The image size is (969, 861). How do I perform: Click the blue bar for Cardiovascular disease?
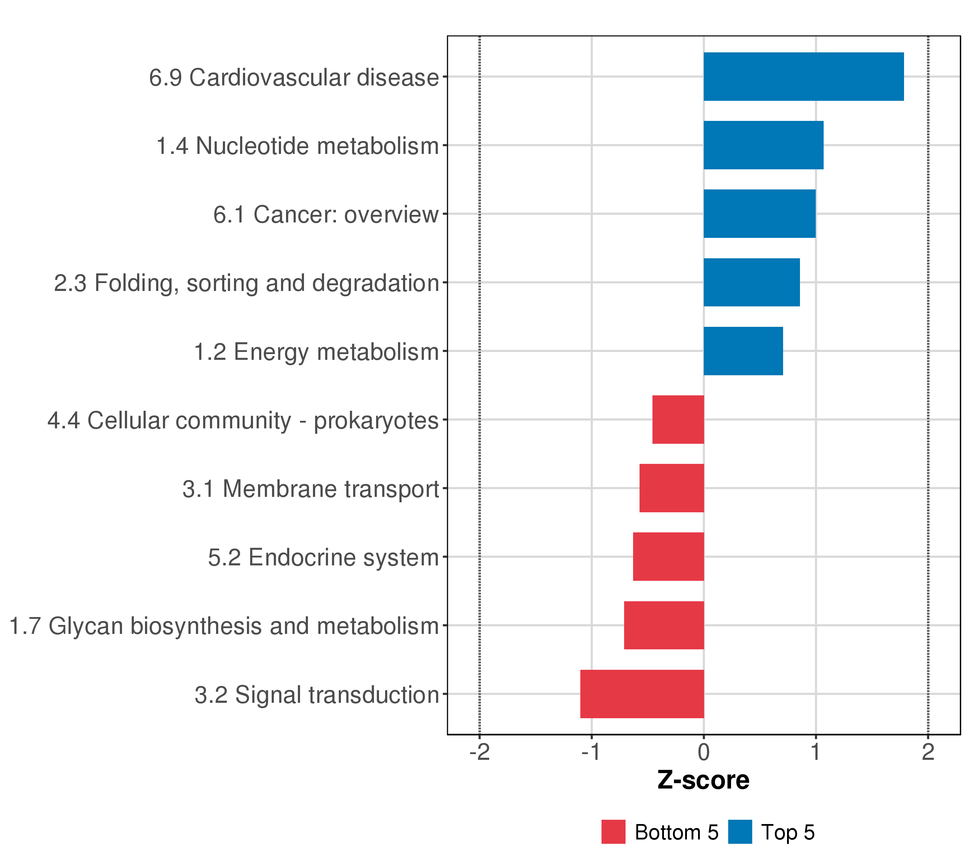[803, 77]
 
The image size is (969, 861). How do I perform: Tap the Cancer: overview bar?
[759, 214]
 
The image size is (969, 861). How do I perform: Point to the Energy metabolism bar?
[743, 351]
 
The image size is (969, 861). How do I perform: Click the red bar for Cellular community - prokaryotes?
[678, 419]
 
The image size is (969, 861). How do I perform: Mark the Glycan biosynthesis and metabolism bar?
[664, 625]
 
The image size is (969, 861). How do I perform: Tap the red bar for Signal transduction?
[642, 694]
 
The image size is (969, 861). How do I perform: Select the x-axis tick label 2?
[928, 753]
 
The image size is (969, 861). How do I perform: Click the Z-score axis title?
[703, 780]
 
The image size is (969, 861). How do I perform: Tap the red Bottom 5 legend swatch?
[613, 832]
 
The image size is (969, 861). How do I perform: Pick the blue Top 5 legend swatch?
[740, 832]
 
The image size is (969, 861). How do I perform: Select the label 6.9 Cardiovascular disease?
[294, 78]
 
